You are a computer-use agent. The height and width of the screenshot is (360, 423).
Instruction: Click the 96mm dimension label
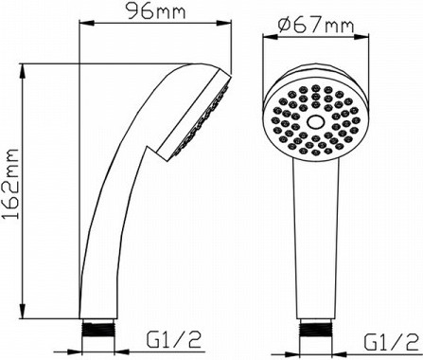(156, 11)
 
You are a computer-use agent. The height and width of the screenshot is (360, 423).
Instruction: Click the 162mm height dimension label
(12, 185)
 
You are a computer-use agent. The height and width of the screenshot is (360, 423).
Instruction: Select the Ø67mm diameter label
(316, 26)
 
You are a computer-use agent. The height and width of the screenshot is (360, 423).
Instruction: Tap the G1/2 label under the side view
(173, 339)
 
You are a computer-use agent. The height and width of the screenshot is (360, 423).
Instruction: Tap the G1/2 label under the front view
(391, 341)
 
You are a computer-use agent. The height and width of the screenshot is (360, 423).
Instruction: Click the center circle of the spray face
(315, 122)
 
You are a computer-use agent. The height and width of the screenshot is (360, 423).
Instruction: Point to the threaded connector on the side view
(97, 329)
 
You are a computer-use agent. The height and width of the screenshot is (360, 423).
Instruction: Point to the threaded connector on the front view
(315, 330)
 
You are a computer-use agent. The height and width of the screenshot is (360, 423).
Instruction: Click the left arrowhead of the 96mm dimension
(87, 23)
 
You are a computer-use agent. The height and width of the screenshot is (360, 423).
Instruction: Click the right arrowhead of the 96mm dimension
(224, 23)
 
